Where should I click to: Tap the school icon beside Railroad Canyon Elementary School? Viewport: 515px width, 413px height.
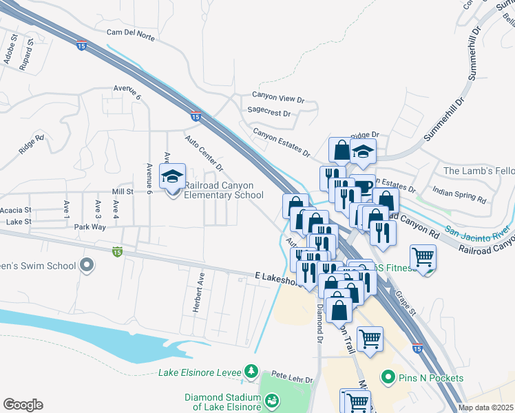point(172,177)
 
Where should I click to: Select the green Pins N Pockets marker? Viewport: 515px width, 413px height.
point(388,377)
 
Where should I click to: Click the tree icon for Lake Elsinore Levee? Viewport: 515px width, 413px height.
point(252,372)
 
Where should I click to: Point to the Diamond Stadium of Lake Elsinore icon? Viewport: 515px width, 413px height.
point(271,399)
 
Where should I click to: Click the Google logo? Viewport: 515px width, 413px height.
point(23,405)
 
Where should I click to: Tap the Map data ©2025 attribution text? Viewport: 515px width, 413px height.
point(485,407)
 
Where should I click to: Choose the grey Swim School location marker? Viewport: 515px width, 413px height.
point(87,265)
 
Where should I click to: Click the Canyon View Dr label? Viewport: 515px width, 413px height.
point(277,96)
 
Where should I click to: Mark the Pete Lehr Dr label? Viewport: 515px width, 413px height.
point(292,379)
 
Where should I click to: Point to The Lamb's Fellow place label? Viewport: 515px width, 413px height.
point(478,171)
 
